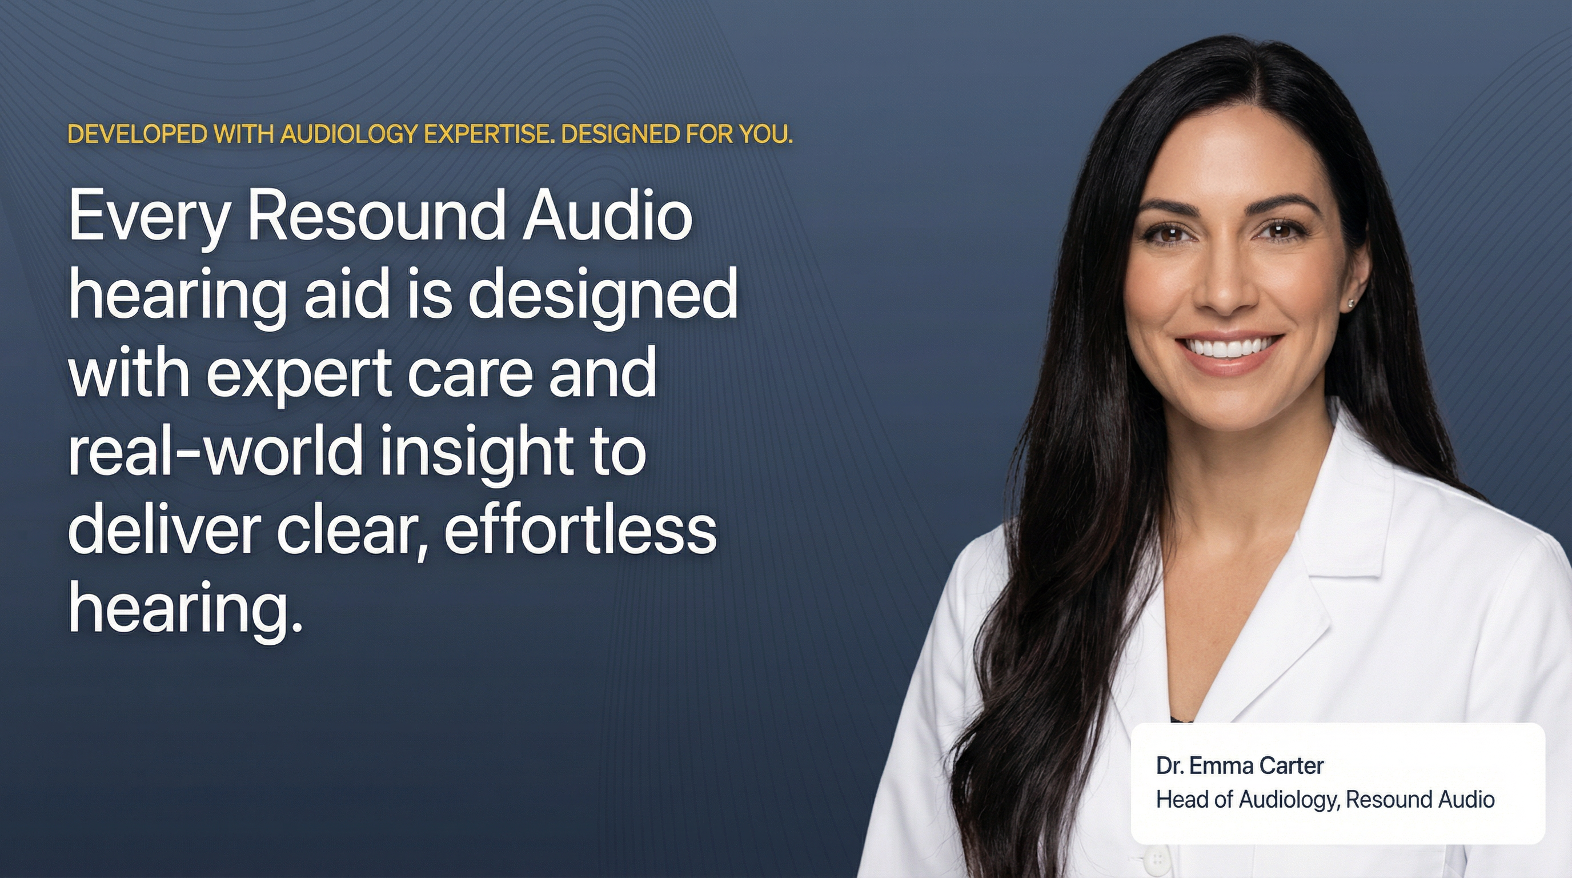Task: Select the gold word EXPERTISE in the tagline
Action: (489, 134)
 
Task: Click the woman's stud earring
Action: (1351, 302)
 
